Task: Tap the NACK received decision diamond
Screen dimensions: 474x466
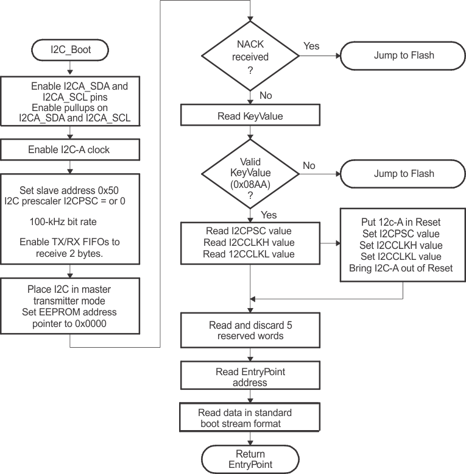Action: pyautogui.click(x=250, y=55)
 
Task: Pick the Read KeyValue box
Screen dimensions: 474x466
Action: pyautogui.click(x=250, y=116)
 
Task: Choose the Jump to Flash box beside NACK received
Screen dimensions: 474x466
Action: pyautogui.click(x=404, y=55)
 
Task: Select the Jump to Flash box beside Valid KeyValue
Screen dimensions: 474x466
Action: pyautogui.click(x=404, y=174)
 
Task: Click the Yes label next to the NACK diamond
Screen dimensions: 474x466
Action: pyautogui.click(x=311, y=46)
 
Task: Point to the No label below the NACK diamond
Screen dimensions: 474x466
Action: pyautogui.click(x=266, y=96)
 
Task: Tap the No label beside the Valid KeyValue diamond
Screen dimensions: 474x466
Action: pyautogui.click(x=309, y=165)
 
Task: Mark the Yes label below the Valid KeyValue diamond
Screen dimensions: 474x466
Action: pyautogui.click(x=269, y=215)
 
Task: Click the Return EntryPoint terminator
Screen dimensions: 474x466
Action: pyautogui.click(x=250, y=459)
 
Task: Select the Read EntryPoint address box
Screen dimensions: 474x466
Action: pyautogui.click(x=250, y=377)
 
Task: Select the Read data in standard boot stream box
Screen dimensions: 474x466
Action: pyautogui.click(x=250, y=418)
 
